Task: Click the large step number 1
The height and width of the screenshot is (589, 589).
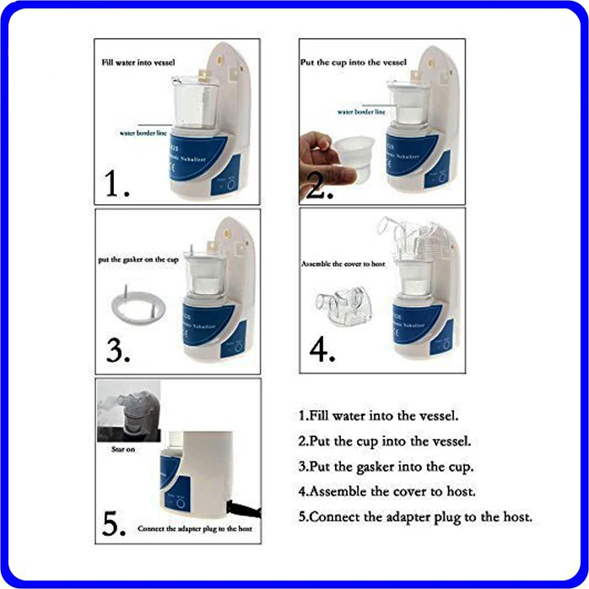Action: click(x=117, y=183)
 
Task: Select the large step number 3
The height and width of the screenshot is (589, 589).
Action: click(x=117, y=350)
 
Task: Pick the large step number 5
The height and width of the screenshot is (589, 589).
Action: click(x=116, y=523)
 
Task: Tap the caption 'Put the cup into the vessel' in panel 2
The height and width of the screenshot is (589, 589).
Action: click(x=353, y=62)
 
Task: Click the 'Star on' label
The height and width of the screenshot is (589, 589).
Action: click(x=122, y=451)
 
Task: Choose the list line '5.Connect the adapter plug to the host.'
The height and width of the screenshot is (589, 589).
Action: click(x=415, y=516)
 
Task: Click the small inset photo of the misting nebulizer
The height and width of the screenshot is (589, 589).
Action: click(x=127, y=413)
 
